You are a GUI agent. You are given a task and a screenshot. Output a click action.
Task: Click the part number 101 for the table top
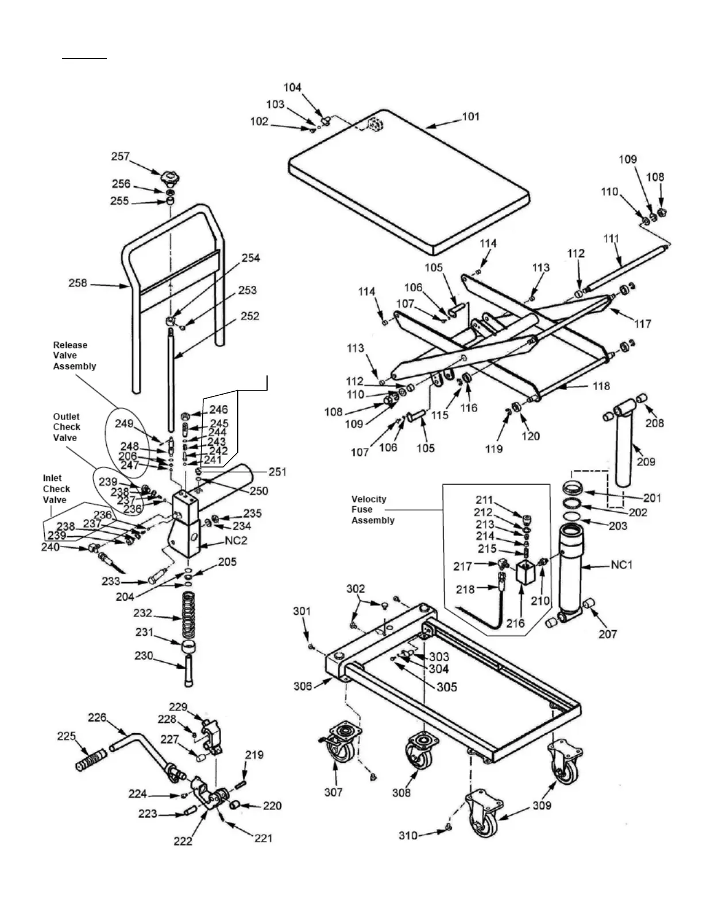tap(470, 117)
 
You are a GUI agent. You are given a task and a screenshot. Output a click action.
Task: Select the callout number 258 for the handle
tap(78, 283)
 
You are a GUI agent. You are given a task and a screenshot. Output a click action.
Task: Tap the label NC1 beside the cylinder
tap(621, 565)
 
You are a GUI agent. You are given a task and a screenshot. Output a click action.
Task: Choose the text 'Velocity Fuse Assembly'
tap(373, 510)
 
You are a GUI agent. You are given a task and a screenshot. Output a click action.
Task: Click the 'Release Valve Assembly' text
tap(74, 356)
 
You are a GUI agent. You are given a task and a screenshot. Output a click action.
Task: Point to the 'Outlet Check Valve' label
tap(67, 427)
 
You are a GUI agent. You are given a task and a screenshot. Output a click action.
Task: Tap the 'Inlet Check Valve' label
tap(56, 489)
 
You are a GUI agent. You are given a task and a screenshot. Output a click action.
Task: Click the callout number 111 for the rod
tap(611, 238)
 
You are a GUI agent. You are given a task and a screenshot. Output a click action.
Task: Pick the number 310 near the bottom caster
tap(408, 835)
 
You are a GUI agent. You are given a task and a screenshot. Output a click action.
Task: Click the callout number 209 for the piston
tap(646, 461)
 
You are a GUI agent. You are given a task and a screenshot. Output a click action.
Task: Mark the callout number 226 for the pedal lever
tap(96, 718)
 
